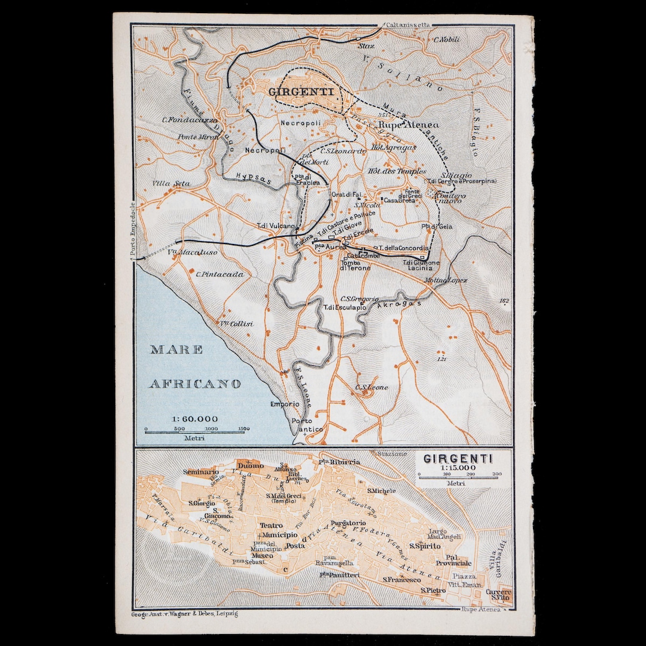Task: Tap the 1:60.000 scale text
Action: click(x=194, y=419)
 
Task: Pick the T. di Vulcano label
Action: click(x=276, y=226)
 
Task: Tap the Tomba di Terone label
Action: click(x=355, y=264)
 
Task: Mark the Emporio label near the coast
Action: click(x=285, y=404)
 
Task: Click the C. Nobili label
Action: click(x=447, y=39)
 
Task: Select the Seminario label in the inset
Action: click(x=201, y=472)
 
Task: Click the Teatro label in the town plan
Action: click(x=271, y=525)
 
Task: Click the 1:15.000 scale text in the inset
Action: click(x=458, y=468)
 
